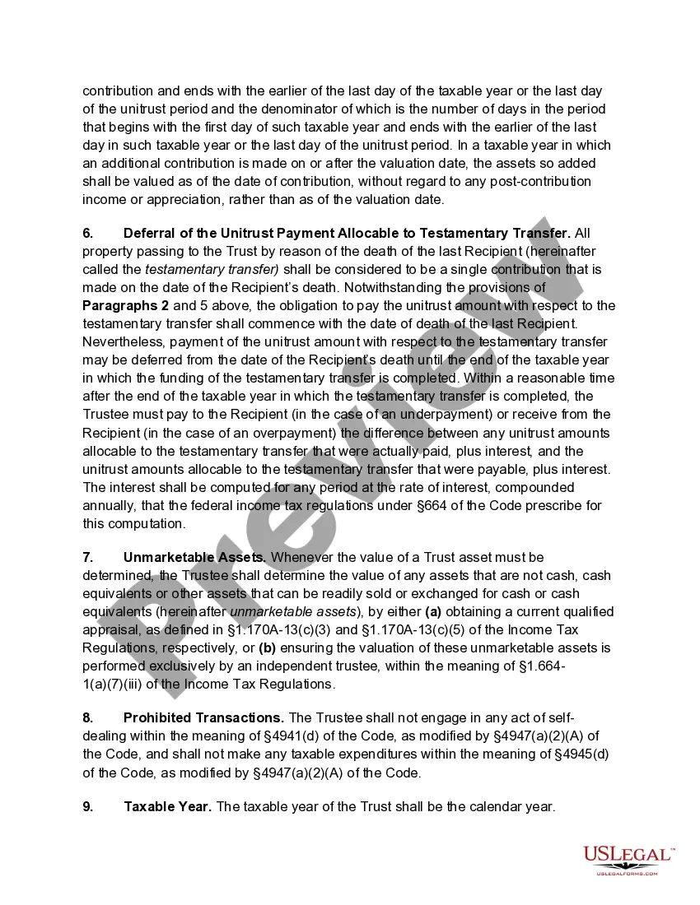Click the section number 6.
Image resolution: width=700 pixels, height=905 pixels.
87,233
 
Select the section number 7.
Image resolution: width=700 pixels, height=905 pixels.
87,558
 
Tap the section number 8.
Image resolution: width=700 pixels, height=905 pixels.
87,718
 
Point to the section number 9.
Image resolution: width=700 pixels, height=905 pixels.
87,807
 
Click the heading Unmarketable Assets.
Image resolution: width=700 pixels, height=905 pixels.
194,558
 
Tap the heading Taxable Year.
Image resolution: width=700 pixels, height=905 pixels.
168,807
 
